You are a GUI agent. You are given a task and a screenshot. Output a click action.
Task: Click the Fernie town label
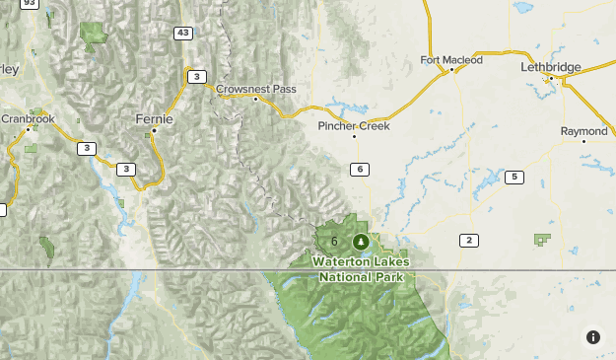(x=154, y=118)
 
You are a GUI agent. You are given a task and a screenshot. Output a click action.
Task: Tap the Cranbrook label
(x=28, y=118)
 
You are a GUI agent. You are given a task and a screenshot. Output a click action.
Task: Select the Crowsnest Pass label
(x=256, y=89)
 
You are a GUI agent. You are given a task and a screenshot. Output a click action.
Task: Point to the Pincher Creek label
(x=354, y=126)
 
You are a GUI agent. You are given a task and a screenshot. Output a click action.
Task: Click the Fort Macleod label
(x=451, y=60)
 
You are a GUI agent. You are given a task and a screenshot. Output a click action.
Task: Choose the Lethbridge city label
(x=551, y=67)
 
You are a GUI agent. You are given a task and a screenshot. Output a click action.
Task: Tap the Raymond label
(x=583, y=131)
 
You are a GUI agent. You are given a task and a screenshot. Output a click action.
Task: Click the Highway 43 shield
(x=182, y=34)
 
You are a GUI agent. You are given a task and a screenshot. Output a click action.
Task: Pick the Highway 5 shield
(x=513, y=177)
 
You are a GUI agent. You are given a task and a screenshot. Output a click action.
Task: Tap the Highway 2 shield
(x=468, y=240)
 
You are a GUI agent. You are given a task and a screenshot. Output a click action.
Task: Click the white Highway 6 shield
(x=361, y=170)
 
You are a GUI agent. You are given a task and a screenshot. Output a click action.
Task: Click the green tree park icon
(x=360, y=242)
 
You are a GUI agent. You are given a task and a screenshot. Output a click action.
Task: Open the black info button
(x=593, y=337)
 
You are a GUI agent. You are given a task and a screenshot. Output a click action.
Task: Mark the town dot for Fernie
(x=154, y=130)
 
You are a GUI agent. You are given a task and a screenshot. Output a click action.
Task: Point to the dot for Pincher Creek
(x=354, y=136)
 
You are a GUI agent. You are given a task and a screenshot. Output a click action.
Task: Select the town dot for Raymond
(x=583, y=141)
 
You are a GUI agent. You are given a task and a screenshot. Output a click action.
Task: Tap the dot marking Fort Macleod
(x=451, y=70)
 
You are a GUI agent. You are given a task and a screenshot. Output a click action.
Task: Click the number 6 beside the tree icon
(x=335, y=242)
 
